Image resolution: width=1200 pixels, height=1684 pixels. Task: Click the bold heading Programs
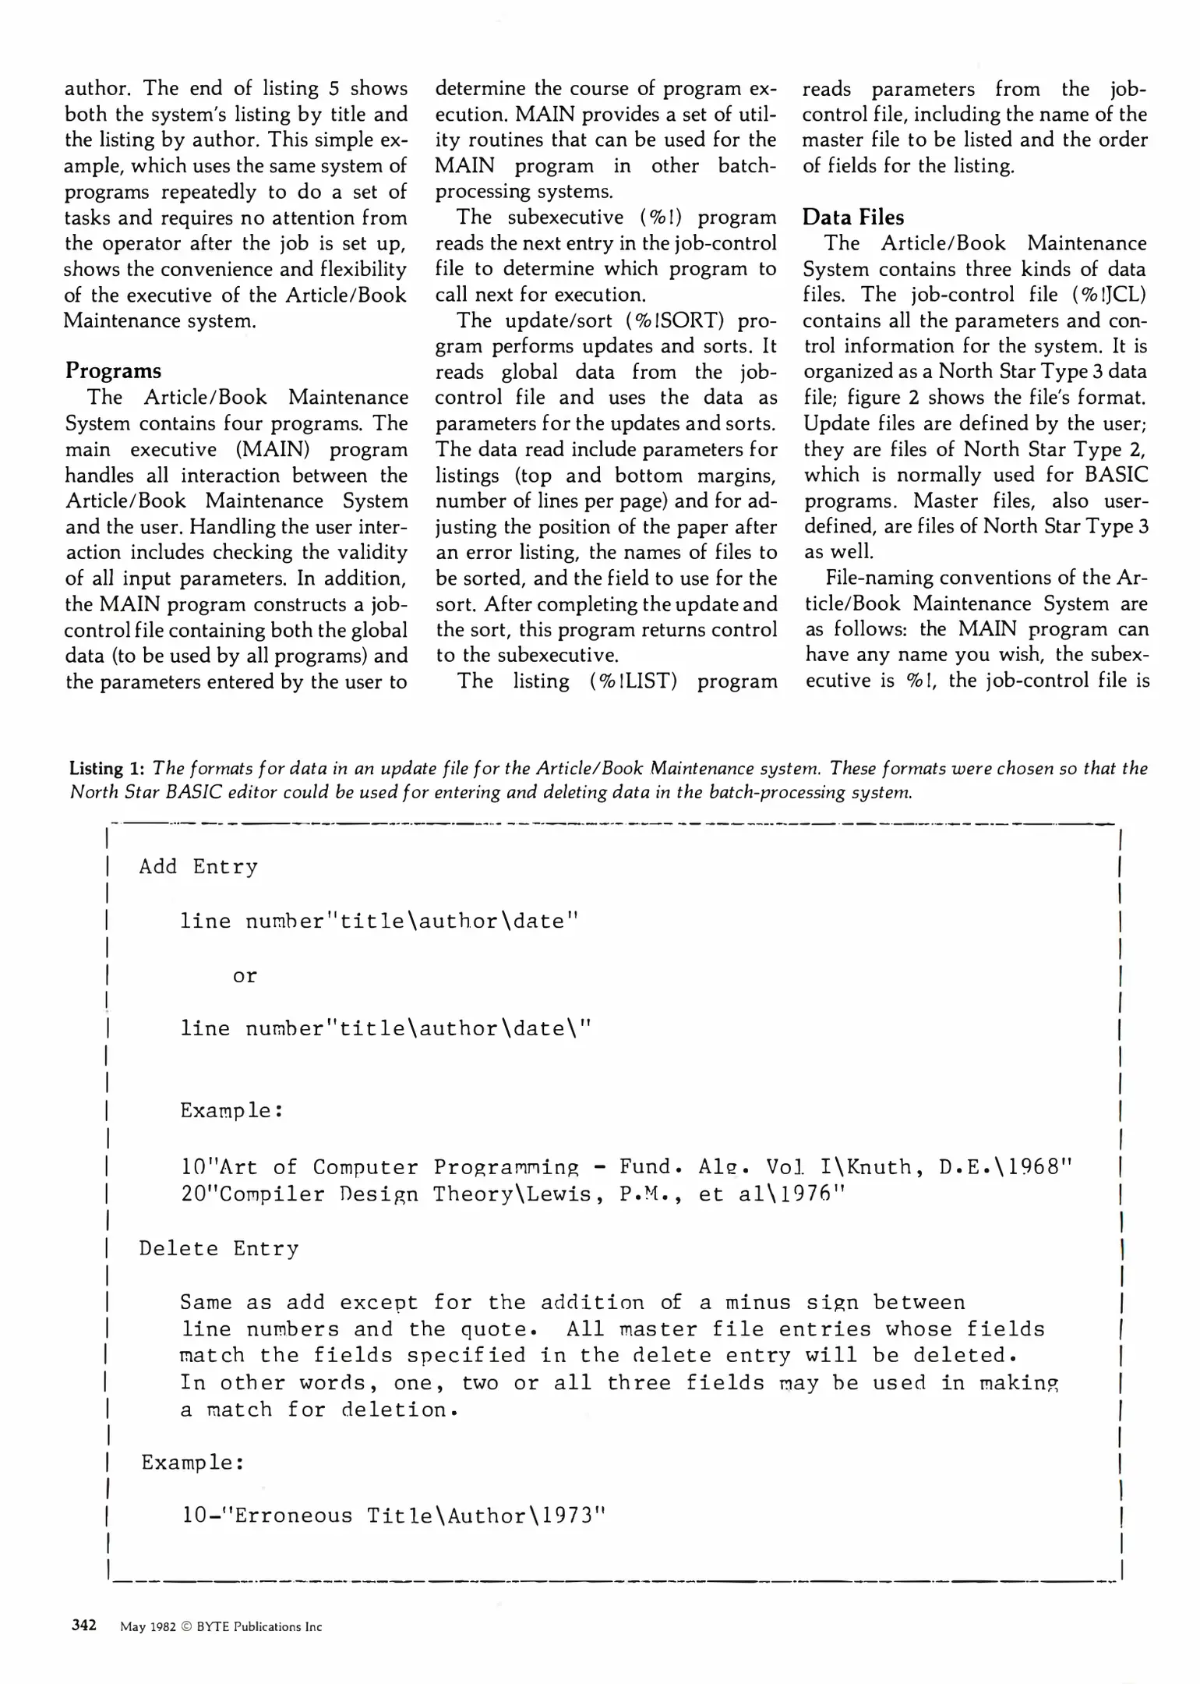tap(113, 370)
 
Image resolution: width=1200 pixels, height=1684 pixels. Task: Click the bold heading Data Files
tap(853, 217)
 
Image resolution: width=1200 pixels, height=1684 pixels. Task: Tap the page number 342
tap(84, 1625)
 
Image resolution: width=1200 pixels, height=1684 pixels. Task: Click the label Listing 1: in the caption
tap(107, 769)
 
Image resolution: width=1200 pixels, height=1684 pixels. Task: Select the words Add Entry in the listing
tap(198, 867)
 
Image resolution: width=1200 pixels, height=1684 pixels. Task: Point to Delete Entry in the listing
tap(218, 1248)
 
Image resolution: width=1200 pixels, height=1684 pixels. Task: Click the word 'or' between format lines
tap(245, 975)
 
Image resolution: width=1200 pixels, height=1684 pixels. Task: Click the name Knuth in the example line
tap(876, 1167)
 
